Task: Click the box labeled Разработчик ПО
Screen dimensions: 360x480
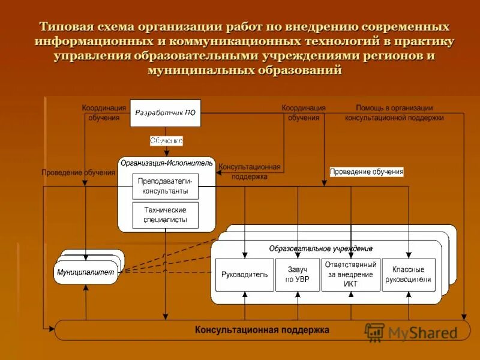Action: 165,112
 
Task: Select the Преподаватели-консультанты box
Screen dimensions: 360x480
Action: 165,186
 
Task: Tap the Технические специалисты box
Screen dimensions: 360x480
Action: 165,215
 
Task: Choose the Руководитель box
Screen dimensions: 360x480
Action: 244,275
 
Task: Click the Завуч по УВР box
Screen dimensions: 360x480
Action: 297,275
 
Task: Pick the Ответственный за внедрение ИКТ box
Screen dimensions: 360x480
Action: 351,274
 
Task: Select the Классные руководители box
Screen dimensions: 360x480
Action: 409,275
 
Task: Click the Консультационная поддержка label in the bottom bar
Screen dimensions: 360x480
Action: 262,330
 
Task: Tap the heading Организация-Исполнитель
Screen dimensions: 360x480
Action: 166,163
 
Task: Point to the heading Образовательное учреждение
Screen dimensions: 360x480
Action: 320,248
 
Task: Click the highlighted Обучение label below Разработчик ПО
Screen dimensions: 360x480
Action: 166,140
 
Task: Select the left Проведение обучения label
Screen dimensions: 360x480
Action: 78,173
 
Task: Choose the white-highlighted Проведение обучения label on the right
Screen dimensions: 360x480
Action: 367,172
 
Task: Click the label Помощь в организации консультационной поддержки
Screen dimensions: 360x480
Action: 394,113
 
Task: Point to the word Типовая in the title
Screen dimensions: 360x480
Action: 67,28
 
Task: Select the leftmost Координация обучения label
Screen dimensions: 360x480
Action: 104,113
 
